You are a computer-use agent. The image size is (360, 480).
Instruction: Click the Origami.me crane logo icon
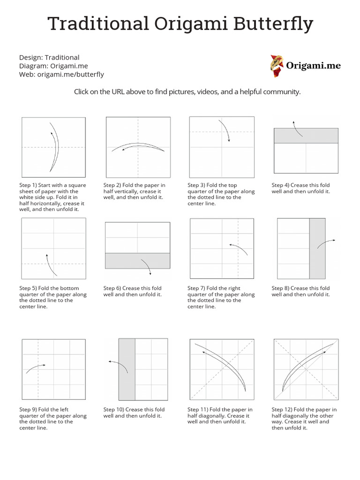pyautogui.click(x=277, y=66)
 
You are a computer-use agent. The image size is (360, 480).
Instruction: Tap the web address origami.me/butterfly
pyautogui.click(x=71, y=74)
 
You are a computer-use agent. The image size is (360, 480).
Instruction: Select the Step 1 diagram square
pyautogui.click(x=53, y=147)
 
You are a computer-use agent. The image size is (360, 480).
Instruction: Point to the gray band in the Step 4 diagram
pyautogui.click(x=306, y=135)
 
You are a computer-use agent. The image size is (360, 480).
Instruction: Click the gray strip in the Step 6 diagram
pyautogui.click(x=137, y=261)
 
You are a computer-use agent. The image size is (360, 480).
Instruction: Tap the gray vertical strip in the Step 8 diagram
pyautogui.click(x=317, y=249)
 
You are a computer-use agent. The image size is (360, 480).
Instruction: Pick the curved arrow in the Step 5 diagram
pyautogui.click(x=51, y=265)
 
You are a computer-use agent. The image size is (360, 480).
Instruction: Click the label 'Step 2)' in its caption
pyautogui.click(x=112, y=185)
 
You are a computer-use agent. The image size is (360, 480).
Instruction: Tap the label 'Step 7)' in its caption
pyautogui.click(x=196, y=288)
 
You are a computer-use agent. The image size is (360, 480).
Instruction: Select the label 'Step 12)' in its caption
pyautogui.click(x=282, y=410)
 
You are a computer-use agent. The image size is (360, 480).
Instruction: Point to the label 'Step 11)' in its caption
pyautogui.click(x=197, y=410)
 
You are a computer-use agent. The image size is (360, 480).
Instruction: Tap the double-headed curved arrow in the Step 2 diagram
pyautogui.click(x=138, y=147)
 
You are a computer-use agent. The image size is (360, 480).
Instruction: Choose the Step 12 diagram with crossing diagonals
pyautogui.click(x=306, y=369)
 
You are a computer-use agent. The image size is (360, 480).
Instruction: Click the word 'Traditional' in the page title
pyautogui.click(x=96, y=24)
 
